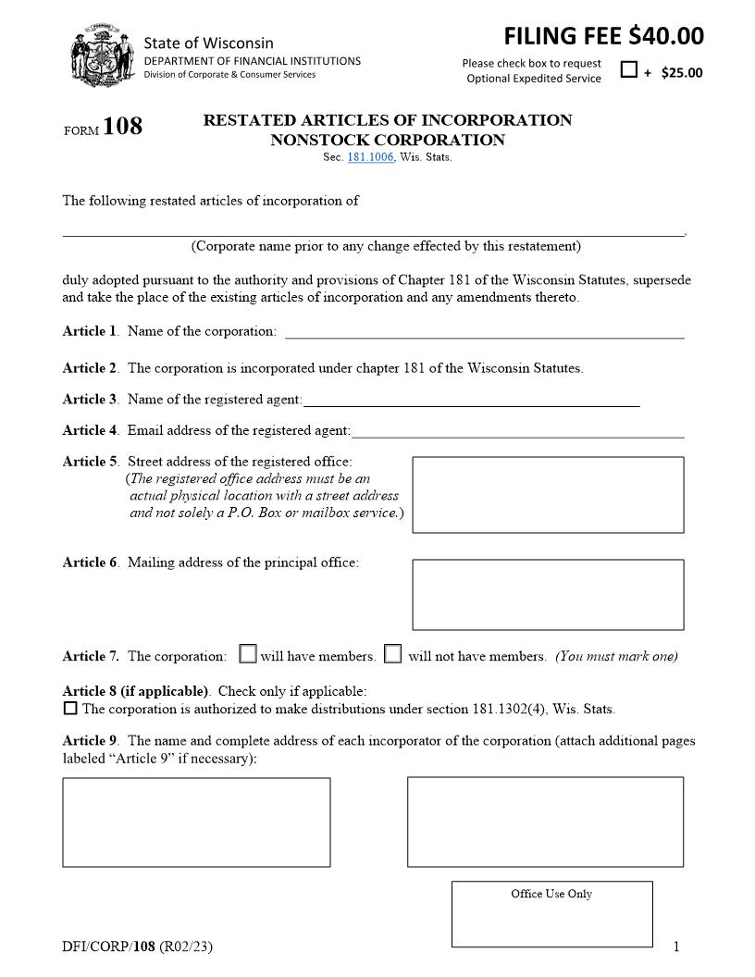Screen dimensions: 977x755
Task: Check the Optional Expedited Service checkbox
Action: pos(629,70)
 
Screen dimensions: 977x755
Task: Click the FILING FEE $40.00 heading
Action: pos(603,36)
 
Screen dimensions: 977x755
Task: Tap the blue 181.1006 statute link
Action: pos(370,157)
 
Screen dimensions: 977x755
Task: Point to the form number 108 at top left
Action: pos(122,127)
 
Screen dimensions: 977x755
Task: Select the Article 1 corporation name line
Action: pos(484,331)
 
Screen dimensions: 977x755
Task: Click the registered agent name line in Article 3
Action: pos(471,400)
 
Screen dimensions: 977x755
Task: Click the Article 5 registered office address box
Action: pos(548,494)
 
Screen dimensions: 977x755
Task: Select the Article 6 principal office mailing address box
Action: pos(548,594)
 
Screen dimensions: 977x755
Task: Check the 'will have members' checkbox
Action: pos(248,654)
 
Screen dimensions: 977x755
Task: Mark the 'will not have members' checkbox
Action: pos(393,654)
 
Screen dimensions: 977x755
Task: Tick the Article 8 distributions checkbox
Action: pos(70,709)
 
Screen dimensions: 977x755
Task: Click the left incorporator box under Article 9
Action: pos(196,822)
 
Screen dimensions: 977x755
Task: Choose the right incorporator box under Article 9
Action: pos(545,822)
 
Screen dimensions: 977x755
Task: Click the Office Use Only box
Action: pos(551,914)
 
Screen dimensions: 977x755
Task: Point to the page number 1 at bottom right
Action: pos(676,946)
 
